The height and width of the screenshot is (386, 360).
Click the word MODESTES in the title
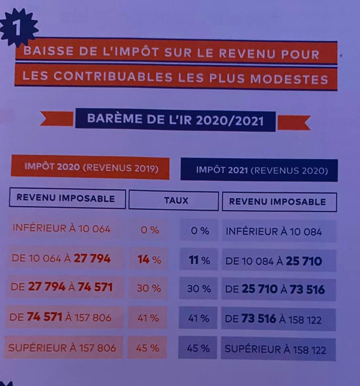coord(289,79)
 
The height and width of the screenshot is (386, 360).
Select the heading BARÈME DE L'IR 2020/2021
coord(176,120)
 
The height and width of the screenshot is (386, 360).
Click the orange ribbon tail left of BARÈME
coord(57,119)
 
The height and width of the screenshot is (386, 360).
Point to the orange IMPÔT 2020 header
coord(90,167)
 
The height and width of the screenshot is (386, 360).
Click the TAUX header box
coord(174,200)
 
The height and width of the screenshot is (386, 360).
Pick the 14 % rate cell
coord(149,259)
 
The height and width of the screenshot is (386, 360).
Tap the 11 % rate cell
coord(199,260)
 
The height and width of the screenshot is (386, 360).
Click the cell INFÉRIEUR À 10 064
coord(61,229)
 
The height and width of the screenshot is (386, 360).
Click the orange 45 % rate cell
coord(147,348)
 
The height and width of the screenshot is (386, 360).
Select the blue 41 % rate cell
coord(198,318)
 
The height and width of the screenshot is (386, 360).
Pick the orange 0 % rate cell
coord(149,230)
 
